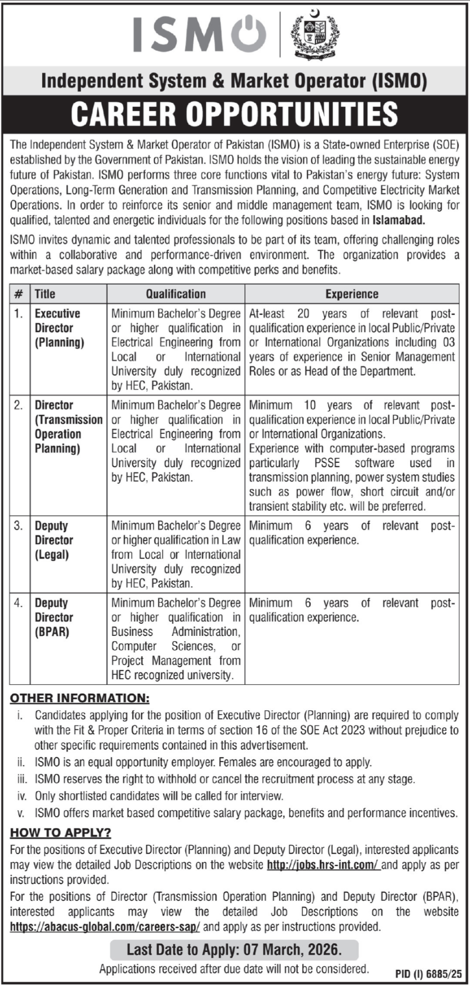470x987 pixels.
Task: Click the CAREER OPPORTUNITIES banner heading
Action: (235, 114)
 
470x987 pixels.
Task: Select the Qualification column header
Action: (175, 294)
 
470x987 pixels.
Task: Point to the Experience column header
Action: (352, 294)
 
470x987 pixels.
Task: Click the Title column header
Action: (45, 294)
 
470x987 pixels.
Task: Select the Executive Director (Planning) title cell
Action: (59, 328)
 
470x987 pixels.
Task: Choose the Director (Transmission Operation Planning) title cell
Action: (68, 427)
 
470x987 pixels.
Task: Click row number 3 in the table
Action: (18, 526)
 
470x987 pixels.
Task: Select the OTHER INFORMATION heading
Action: (80, 698)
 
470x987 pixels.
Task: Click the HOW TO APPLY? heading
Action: (61, 832)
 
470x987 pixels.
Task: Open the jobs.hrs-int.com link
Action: (323, 865)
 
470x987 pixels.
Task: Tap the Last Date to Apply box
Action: (234, 949)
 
